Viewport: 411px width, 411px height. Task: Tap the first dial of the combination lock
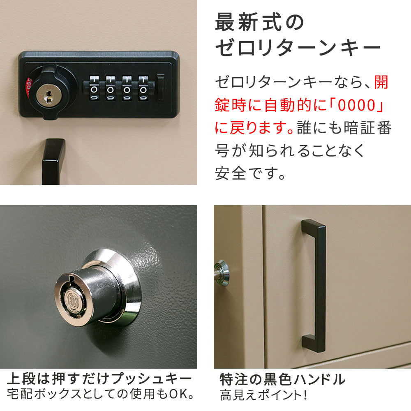pos(94,88)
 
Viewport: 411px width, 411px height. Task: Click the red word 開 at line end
pos(381,82)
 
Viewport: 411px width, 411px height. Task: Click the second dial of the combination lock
pos(111,88)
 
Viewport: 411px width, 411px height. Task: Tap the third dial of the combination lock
pos(127,88)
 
